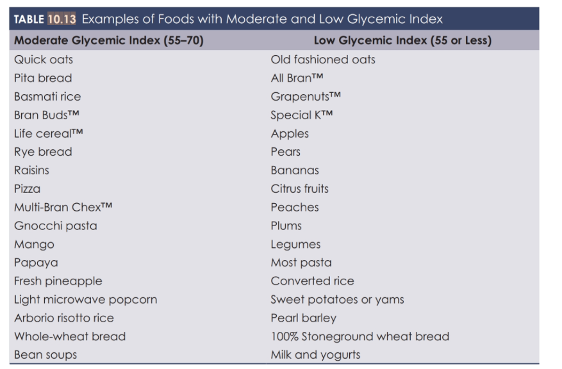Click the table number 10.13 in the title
point(62,19)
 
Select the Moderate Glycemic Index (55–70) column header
point(109,40)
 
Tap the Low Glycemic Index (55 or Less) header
point(402,40)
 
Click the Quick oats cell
point(44,60)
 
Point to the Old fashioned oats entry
point(323,60)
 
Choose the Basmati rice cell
point(47,97)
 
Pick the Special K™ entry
point(302,115)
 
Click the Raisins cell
point(31,170)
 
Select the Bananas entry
point(295,170)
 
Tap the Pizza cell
point(27,189)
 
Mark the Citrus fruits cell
point(299,189)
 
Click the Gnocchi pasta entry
point(56,225)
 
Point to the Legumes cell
point(295,244)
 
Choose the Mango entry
point(34,244)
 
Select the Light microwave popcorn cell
point(85,299)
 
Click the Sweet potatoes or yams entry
point(337,299)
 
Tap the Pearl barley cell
point(303,318)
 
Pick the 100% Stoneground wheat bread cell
point(360,336)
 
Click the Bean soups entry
point(45,355)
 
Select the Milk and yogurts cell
point(315,355)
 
